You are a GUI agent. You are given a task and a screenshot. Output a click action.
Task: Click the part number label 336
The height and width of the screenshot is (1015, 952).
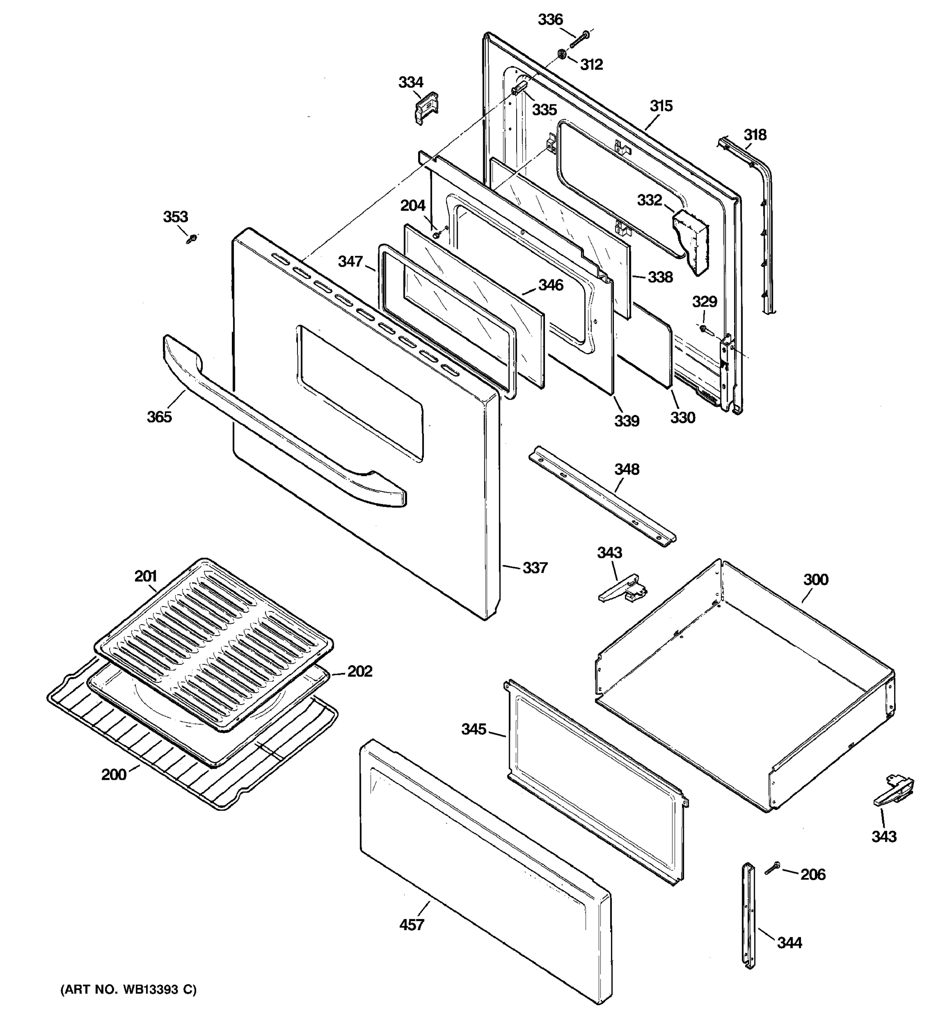click(x=550, y=20)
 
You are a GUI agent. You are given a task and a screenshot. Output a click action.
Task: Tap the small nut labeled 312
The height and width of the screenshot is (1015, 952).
click(x=561, y=54)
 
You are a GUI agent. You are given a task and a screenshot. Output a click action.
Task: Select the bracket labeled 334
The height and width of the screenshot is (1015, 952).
click(x=426, y=107)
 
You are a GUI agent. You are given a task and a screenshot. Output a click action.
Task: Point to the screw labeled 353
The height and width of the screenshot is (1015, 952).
click(x=193, y=238)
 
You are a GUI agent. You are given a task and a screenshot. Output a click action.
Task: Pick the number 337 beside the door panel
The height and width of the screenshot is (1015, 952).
click(x=535, y=568)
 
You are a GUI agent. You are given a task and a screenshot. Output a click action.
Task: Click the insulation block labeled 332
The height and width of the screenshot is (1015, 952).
click(x=691, y=240)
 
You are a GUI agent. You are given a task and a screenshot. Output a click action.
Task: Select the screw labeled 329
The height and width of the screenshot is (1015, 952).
click(x=704, y=329)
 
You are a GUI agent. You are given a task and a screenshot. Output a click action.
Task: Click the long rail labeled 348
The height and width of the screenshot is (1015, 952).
click(x=603, y=495)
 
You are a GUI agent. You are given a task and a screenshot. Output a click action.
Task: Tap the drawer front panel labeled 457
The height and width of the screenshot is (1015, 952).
click(x=485, y=868)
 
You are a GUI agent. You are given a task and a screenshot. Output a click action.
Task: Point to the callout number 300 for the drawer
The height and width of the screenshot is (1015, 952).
click(x=816, y=579)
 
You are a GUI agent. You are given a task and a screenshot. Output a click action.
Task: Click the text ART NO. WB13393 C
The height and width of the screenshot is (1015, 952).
click(x=128, y=990)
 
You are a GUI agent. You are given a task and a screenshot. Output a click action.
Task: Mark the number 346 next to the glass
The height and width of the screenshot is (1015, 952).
click(x=550, y=285)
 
